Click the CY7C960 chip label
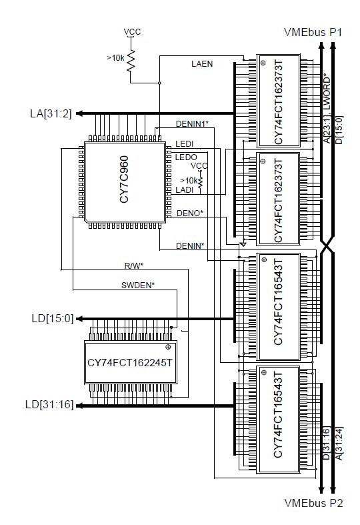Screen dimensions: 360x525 [x=124, y=179]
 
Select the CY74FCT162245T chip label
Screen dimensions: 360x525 [x=130, y=363]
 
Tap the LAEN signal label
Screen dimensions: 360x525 [x=202, y=63]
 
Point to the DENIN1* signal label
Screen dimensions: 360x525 [x=192, y=124]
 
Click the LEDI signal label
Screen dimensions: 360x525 [x=185, y=144]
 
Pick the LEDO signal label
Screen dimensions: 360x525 [x=186, y=157]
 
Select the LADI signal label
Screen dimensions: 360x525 [x=185, y=190]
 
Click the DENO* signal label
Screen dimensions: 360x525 [x=190, y=213]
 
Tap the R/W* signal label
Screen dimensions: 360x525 [x=134, y=266]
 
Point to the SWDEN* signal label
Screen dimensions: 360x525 [x=138, y=286]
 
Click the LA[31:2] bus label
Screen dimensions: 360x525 [x=51, y=114]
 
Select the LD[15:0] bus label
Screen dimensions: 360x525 [x=53, y=318]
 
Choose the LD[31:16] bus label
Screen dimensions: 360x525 [x=49, y=404]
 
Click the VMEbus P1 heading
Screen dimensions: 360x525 [x=313, y=32]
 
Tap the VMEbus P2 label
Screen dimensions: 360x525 [x=313, y=503]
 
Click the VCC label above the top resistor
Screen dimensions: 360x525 [x=132, y=32]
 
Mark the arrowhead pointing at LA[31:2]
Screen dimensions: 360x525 [x=79, y=113]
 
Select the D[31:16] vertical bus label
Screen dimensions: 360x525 [x=326, y=443]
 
